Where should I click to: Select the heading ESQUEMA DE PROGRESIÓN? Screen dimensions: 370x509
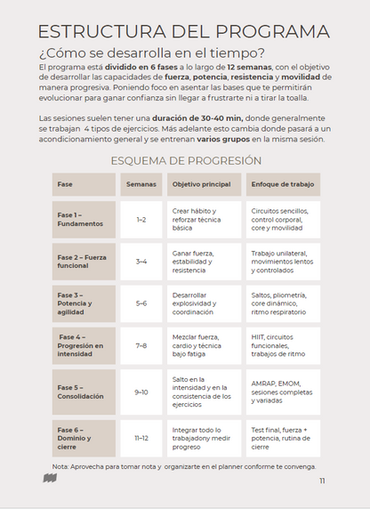[x=185, y=160]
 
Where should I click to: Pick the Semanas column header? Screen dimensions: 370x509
[x=141, y=184]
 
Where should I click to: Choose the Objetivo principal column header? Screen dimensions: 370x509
[x=203, y=184]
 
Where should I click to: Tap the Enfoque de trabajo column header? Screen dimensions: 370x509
[x=281, y=184]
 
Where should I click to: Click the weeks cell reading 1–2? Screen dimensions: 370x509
[x=141, y=219]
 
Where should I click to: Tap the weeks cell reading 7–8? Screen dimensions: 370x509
[x=141, y=345]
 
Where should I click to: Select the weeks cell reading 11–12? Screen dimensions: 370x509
[x=141, y=437]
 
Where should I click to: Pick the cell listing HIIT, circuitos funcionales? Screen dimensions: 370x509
[x=281, y=345]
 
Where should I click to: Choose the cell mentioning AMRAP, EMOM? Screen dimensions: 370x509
[x=281, y=392]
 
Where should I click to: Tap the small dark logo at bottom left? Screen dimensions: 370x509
[x=51, y=479]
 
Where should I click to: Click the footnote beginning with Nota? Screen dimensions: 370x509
[x=183, y=465]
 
